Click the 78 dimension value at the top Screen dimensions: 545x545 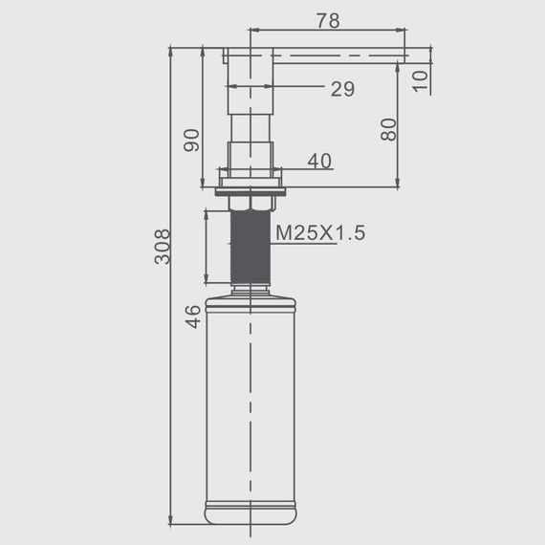pos(328,20)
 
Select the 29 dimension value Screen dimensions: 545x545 pos(342,89)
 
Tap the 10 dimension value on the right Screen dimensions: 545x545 pos(421,81)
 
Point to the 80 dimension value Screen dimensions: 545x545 pos(388,129)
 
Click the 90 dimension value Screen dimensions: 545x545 pos(191,140)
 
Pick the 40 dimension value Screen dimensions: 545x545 pos(319,161)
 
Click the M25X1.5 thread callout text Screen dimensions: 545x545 pos(320,232)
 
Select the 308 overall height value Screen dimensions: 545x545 pos(163,247)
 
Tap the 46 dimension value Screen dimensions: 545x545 pos(193,316)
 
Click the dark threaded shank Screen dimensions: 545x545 pos(251,247)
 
